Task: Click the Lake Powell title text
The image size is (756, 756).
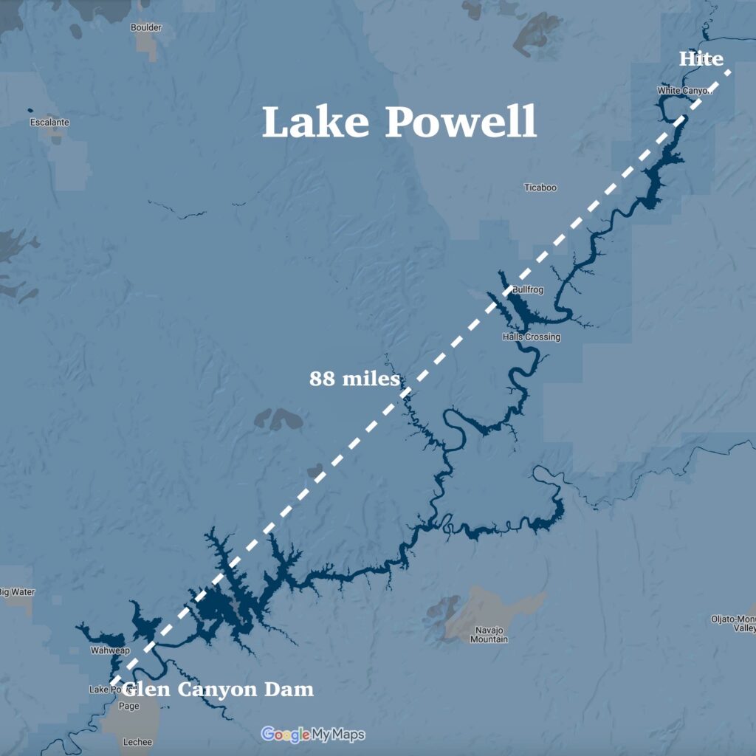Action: pos(399,122)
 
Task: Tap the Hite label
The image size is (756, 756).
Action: pos(701,58)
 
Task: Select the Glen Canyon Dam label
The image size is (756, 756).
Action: pos(219,690)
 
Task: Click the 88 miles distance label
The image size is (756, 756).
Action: pos(354,379)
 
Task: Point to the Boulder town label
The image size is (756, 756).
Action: pos(145,27)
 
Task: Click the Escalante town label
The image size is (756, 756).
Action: pos(49,122)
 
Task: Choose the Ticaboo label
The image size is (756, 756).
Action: pos(540,188)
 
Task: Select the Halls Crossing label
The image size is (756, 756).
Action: pos(531,337)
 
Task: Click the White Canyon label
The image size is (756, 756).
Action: pos(683,91)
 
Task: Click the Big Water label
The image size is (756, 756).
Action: pos(17,592)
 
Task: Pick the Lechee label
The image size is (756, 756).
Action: pos(138,740)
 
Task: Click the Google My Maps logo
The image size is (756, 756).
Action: pos(313,735)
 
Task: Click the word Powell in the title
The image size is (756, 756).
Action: pos(461,122)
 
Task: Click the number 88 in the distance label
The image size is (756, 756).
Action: pos(320,379)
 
